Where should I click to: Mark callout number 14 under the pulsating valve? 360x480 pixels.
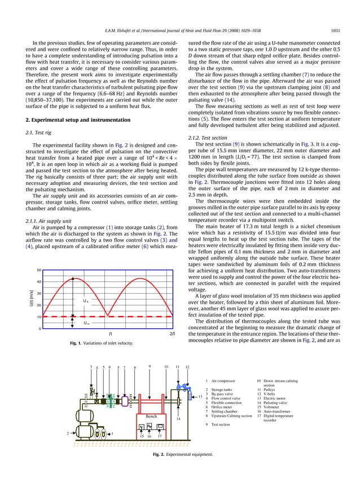178,419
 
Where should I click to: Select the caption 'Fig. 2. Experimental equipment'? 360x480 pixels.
180,454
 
